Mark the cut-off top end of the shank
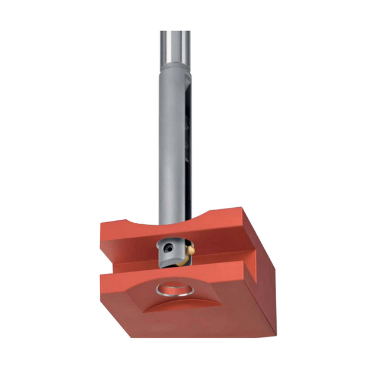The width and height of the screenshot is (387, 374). [x=174, y=32]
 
